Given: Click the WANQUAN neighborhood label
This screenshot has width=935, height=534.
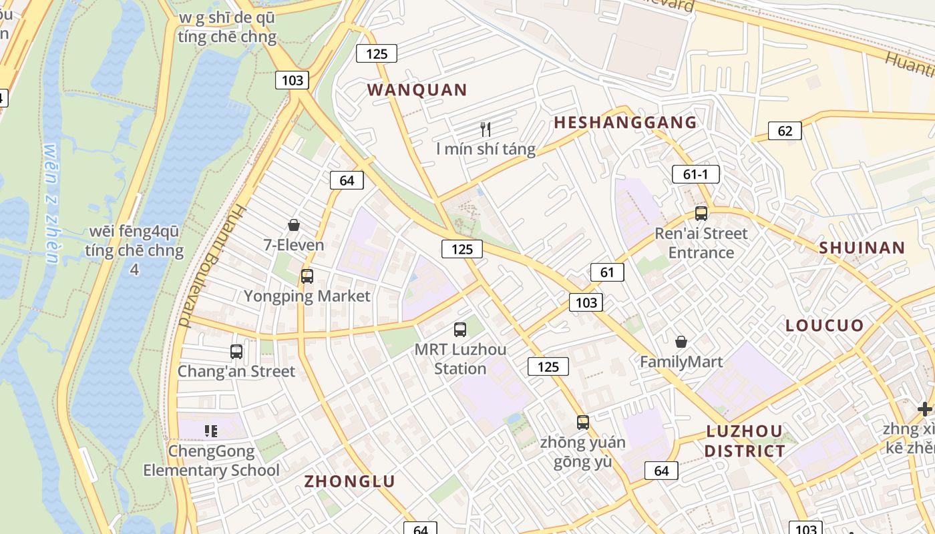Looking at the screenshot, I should click(x=417, y=90).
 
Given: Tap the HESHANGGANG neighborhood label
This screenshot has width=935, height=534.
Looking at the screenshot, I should click(x=625, y=123).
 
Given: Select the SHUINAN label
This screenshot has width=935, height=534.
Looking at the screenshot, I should click(x=862, y=248).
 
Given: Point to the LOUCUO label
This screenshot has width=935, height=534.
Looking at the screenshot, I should click(x=825, y=326).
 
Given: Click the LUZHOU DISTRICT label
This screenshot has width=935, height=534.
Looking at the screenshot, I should click(x=745, y=441).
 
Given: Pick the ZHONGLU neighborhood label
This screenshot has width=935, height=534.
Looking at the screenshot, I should click(x=350, y=481).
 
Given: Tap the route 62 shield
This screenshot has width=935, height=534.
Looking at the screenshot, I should click(x=785, y=131).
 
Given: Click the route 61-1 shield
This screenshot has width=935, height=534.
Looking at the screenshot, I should click(x=695, y=175).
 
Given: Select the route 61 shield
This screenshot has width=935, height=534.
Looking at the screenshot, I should click(x=607, y=272).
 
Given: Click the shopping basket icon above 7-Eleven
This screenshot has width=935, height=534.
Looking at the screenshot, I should click(x=294, y=225).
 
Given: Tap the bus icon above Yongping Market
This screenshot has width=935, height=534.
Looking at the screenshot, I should click(x=307, y=276).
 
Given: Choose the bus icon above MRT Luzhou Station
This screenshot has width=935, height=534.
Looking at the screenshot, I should click(x=460, y=329).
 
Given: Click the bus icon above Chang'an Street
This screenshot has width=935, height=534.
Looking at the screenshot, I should click(x=236, y=351).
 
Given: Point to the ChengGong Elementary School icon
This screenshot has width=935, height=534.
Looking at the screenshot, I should click(x=212, y=431).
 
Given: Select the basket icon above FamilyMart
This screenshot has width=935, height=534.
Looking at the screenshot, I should click(x=681, y=342).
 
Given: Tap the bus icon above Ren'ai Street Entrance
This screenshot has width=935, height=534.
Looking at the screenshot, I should click(x=701, y=214).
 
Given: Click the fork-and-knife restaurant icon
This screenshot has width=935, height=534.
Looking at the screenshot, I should click(x=486, y=129).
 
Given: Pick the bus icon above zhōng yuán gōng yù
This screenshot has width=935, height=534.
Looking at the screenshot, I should click(x=583, y=422).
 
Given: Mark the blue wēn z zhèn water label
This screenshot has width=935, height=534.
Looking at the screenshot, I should click(x=52, y=204).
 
